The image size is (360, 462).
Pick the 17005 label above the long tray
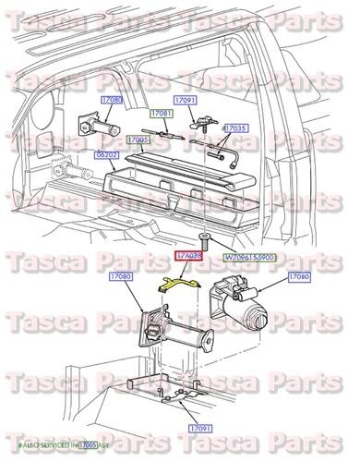coord(138,140)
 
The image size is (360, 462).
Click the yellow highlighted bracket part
coord(181,282)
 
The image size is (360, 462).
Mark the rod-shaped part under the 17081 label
coord(166,133)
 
